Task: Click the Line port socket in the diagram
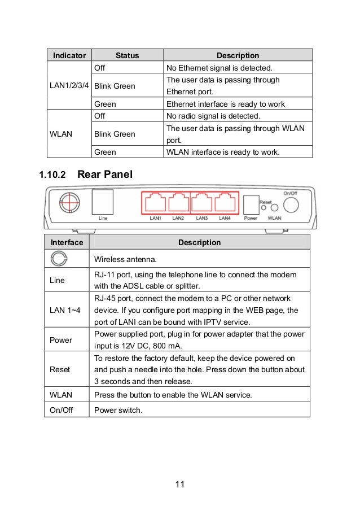pos(102,201)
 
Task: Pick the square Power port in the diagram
pos(249,203)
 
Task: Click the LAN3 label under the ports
pos(201,218)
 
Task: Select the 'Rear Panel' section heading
pos(105,175)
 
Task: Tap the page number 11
pos(179,484)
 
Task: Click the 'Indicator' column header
pos(69,55)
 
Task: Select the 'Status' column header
pos(127,55)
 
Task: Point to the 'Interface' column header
pos(67,242)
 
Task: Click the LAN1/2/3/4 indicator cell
pos(69,86)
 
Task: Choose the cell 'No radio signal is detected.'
pos(213,116)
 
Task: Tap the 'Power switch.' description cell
pos(118,409)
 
